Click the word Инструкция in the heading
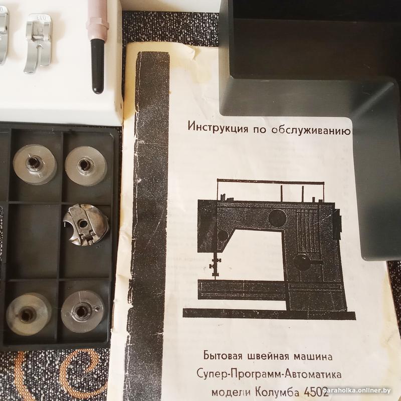pos(218,127)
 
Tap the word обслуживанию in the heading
pos(311,130)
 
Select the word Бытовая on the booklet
pos(223,355)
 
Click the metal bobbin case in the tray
pos(86,225)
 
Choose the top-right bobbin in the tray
pos(86,165)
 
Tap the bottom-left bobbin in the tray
pos(29,314)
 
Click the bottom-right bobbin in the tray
pos(82,311)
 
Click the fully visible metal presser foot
pos(39,44)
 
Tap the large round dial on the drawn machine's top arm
pos(277,218)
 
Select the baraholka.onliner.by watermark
pos(356,390)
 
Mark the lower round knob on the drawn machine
pos(302,262)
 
